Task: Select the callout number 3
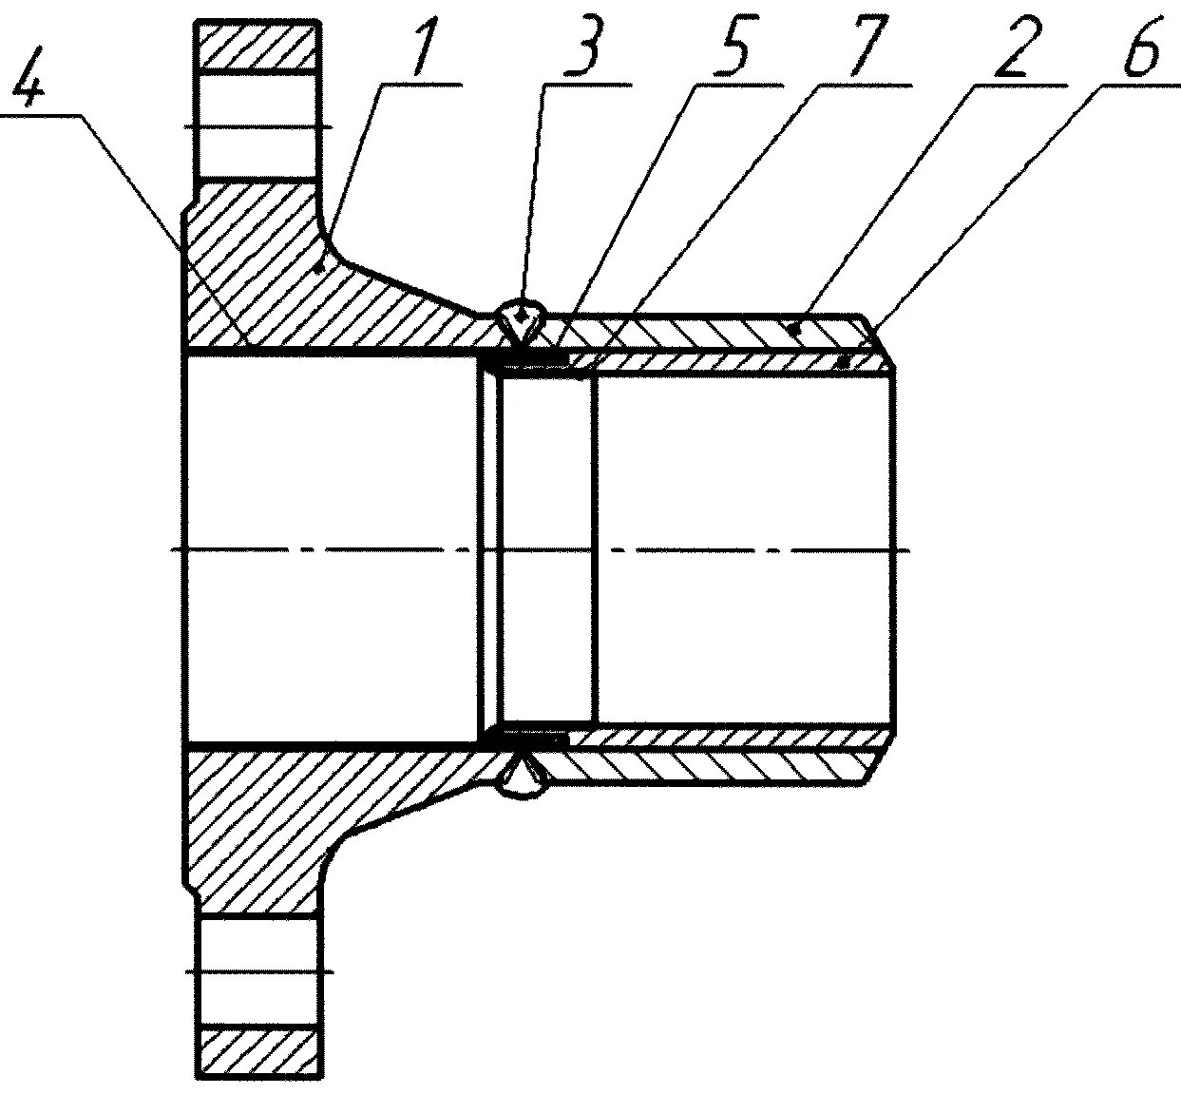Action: tap(581, 48)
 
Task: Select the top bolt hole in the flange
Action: tap(257, 125)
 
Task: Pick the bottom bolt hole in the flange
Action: tap(257, 971)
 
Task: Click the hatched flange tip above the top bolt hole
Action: tap(257, 46)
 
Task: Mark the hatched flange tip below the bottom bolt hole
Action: tap(257, 1051)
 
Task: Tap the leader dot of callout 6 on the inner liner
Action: tap(845, 361)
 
